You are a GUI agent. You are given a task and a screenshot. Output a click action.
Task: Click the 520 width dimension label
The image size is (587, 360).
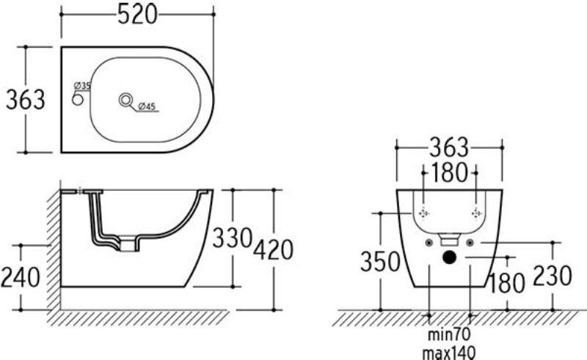[x=137, y=15]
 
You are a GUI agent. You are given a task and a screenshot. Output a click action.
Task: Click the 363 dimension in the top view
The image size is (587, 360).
[x=26, y=100]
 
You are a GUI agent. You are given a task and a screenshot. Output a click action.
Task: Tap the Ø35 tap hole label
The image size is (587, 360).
[x=82, y=85]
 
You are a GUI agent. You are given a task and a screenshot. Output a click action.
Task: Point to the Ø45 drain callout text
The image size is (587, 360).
[x=147, y=106]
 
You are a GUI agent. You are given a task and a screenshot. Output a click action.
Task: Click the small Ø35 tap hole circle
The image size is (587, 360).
[x=78, y=100]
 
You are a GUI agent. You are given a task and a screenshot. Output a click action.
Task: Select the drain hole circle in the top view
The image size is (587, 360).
[x=125, y=100]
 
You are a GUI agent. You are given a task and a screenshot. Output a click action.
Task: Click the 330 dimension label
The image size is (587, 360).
[x=232, y=238]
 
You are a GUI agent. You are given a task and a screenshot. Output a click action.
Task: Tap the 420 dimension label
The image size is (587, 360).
[x=273, y=250]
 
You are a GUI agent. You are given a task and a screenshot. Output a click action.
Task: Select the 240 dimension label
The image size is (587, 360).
[x=21, y=277]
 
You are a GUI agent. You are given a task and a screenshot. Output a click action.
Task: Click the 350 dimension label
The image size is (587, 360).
[x=380, y=261]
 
